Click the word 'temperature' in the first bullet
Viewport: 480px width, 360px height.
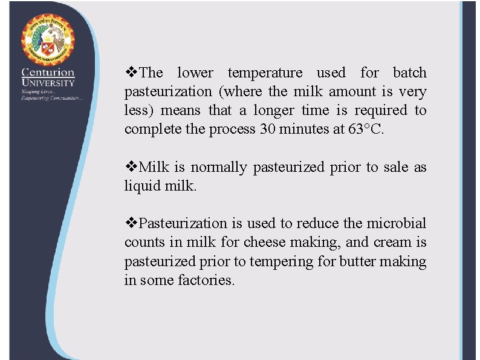(x=265, y=73)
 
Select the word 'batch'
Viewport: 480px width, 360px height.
(x=409, y=73)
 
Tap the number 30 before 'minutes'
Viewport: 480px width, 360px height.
(x=267, y=129)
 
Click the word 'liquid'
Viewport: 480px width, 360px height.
(x=143, y=186)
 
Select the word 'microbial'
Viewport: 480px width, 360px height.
(x=396, y=224)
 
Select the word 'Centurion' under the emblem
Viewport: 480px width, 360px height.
(x=48, y=73)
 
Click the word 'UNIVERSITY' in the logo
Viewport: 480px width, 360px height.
(x=48, y=83)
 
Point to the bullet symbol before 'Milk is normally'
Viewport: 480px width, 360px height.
(x=131, y=167)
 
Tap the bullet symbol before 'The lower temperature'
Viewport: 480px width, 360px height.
(x=131, y=73)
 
